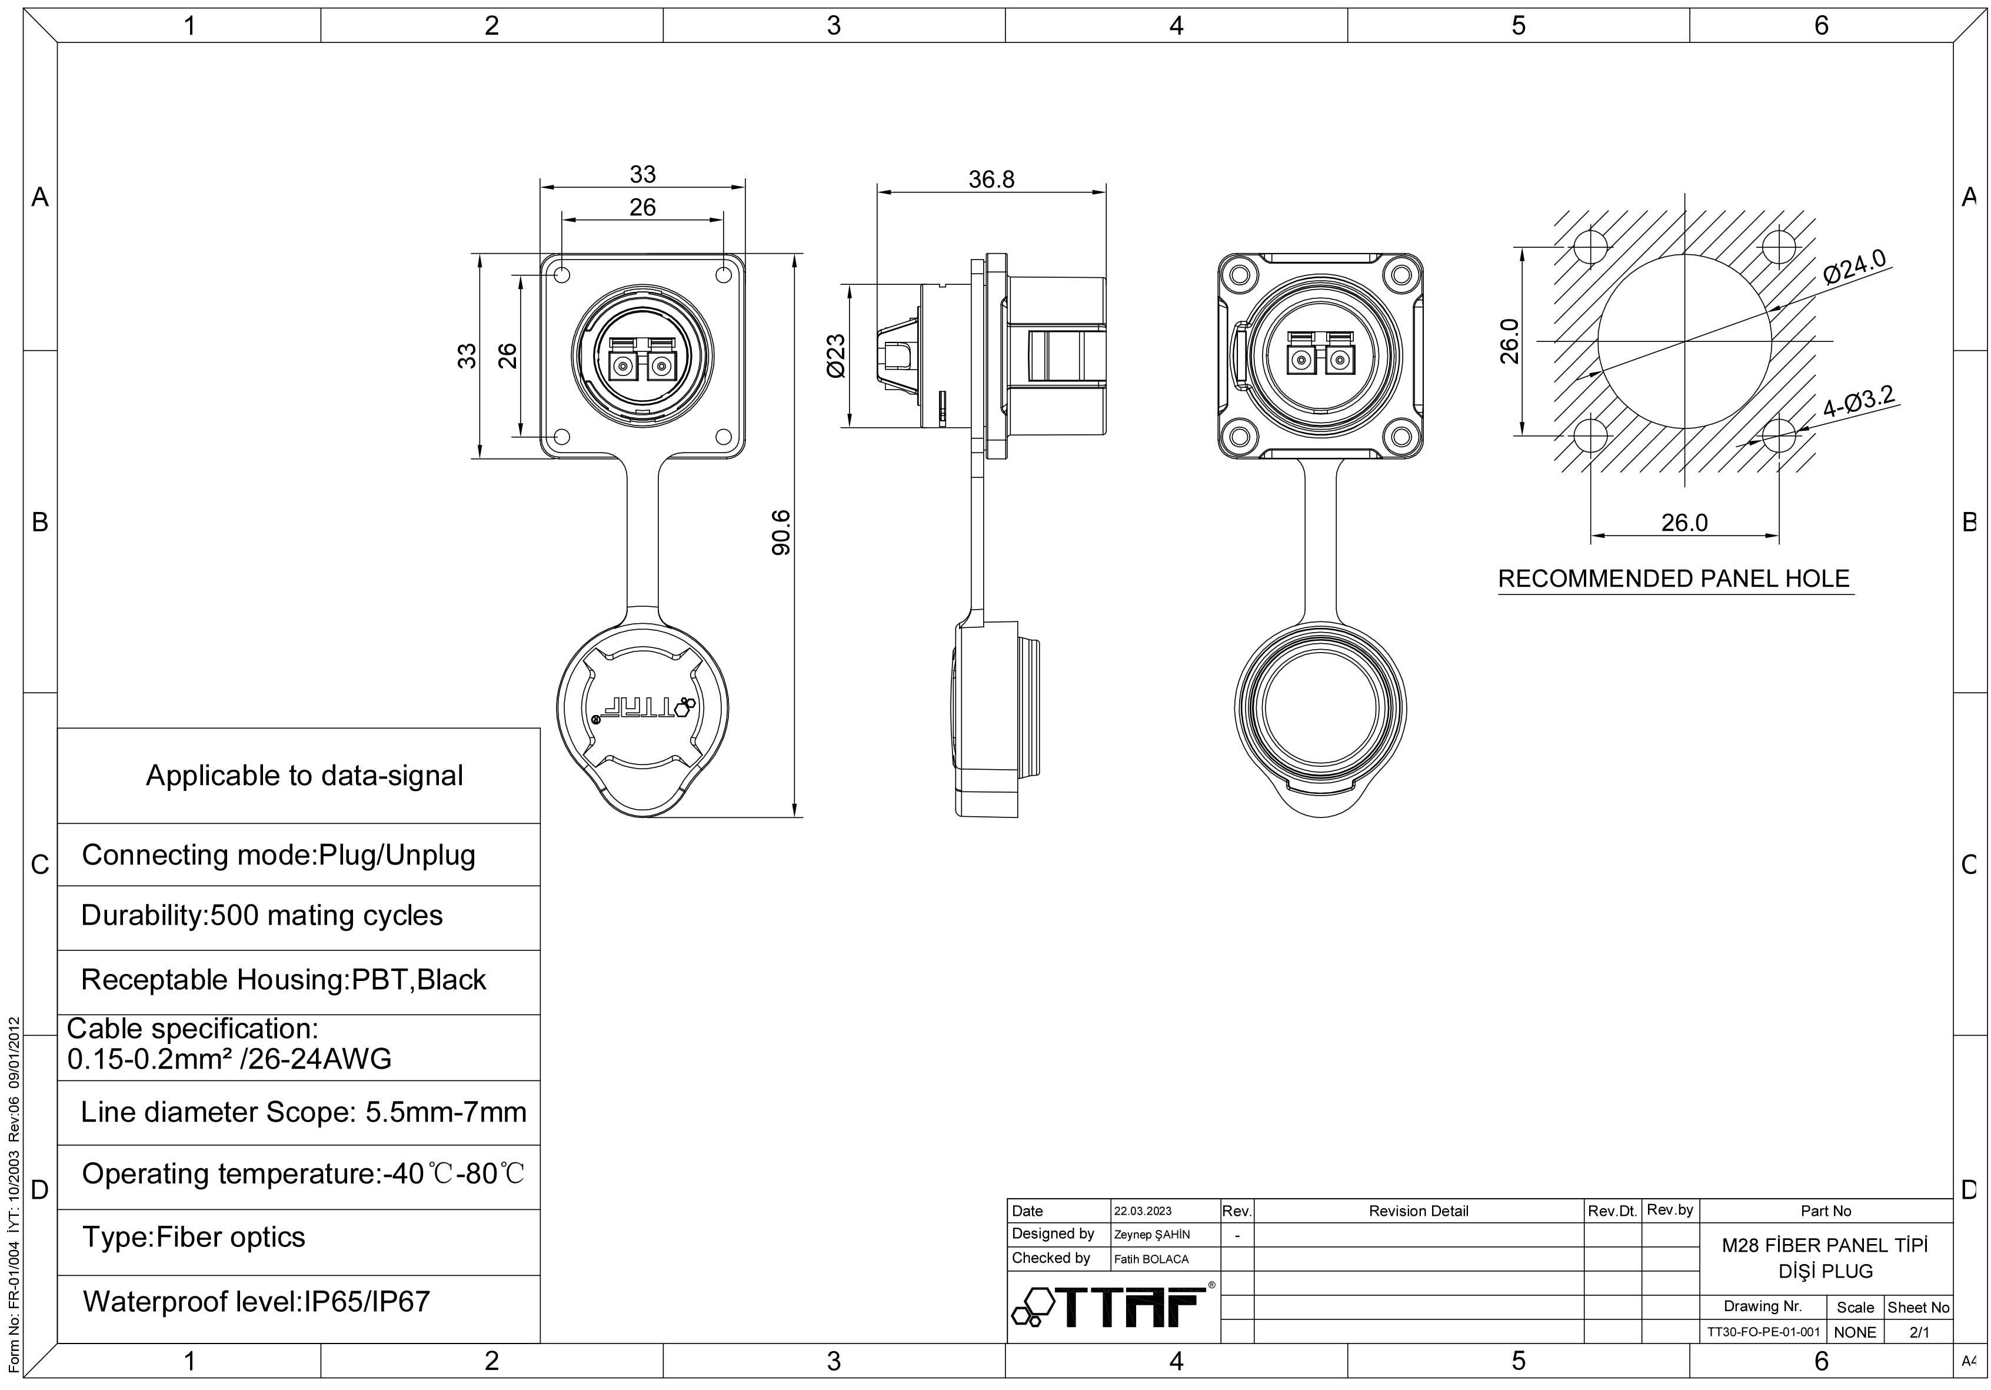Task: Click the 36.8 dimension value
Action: point(991,179)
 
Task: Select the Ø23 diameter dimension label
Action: point(836,357)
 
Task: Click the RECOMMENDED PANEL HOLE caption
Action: point(1674,579)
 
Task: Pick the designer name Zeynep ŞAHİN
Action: point(1151,1235)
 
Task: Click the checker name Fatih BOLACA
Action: point(1151,1259)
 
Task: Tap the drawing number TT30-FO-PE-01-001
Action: point(1763,1332)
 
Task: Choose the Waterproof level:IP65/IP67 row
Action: point(256,1302)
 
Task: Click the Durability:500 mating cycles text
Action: point(262,916)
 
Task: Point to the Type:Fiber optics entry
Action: point(194,1238)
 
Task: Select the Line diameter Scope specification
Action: point(304,1112)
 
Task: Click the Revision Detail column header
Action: point(1419,1211)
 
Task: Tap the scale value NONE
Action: point(1855,1332)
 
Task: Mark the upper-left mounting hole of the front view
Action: point(562,276)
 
